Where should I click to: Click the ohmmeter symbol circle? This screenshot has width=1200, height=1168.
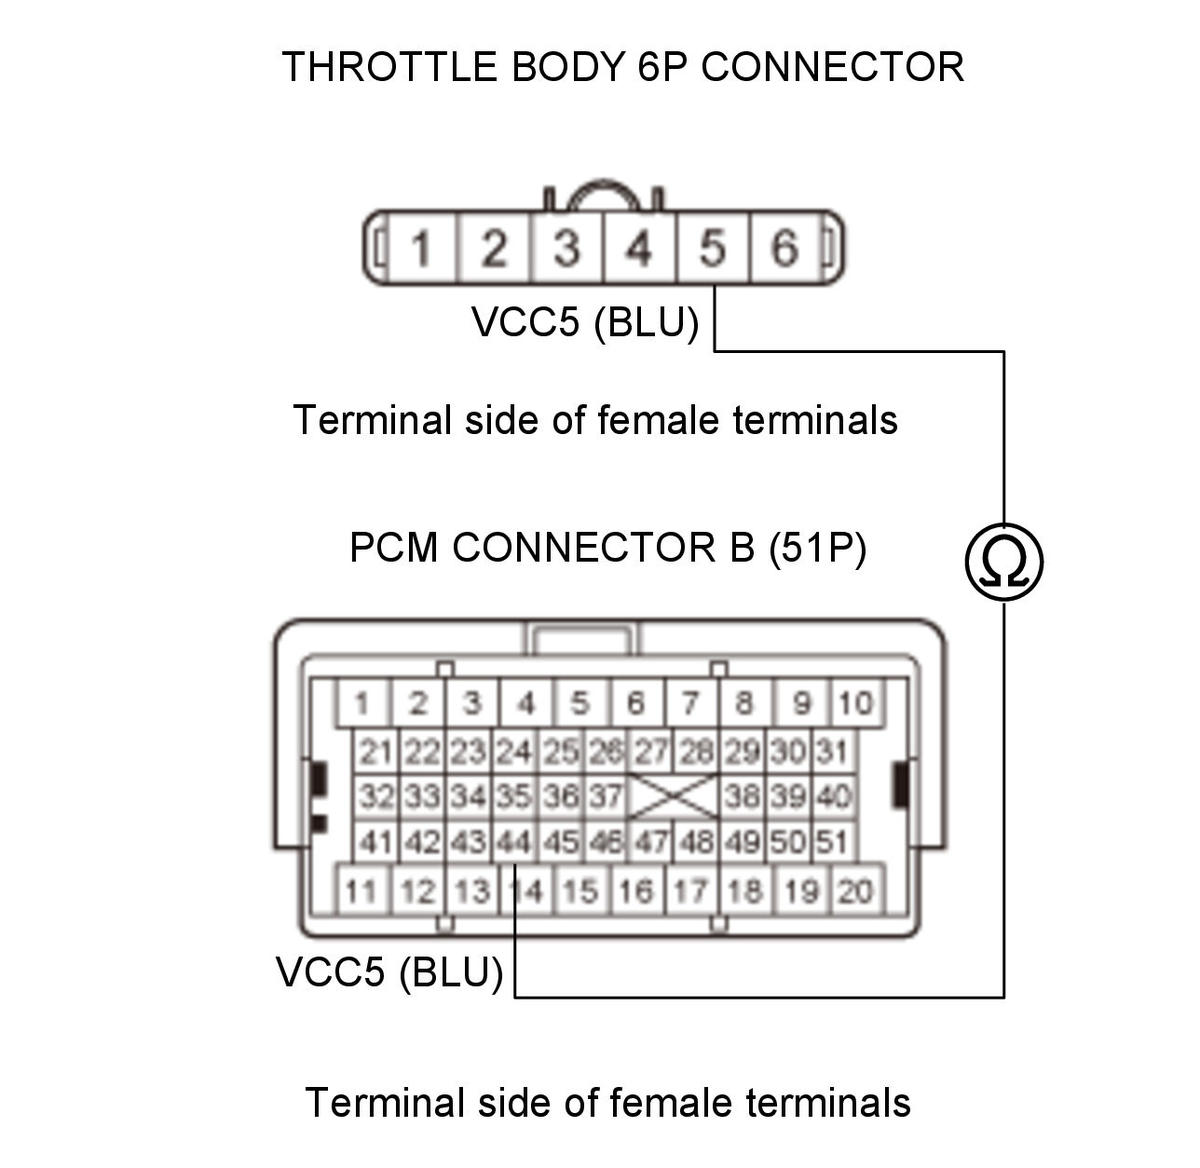[1003, 562]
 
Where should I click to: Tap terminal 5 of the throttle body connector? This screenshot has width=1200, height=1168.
[712, 248]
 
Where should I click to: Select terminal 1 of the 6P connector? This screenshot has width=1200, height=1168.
[421, 248]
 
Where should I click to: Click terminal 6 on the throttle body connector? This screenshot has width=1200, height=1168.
[784, 248]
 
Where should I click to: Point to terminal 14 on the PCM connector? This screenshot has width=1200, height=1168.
[525, 891]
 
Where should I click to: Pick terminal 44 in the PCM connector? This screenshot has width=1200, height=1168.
[515, 842]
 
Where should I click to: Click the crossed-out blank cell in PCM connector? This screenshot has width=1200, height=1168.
[673, 796]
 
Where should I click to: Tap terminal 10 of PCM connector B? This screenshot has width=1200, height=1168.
[856, 703]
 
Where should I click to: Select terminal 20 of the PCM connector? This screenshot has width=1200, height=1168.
[856, 891]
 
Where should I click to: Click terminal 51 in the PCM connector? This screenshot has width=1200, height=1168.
[833, 842]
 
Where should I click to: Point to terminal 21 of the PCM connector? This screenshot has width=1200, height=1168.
[376, 752]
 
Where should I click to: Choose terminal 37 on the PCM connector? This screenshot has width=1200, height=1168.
[606, 796]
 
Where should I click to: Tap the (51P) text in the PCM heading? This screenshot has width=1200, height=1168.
[818, 547]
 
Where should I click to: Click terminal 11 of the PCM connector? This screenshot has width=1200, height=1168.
[362, 891]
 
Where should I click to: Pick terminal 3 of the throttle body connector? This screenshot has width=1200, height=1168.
[567, 248]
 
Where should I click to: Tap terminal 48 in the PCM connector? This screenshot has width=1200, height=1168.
[697, 842]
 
